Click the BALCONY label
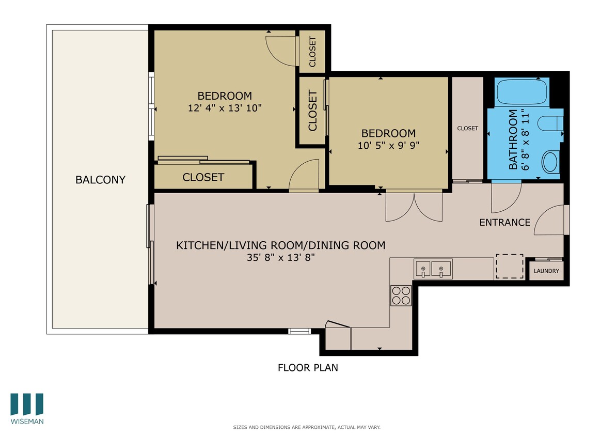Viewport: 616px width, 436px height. (100, 180)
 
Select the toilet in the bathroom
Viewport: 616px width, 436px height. (548, 124)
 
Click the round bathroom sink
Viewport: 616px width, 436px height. (550, 162)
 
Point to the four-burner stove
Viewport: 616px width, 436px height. (401, 295)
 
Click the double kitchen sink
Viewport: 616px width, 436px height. (433, 269)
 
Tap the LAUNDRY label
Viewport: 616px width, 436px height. (546, 271)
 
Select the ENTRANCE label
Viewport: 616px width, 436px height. (504, 223)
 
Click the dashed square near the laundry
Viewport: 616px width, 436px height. (510, 267)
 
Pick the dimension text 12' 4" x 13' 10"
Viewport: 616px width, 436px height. (225, 108)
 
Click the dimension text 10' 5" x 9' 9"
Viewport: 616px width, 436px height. (388, 145)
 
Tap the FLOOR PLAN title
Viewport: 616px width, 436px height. (308, 368)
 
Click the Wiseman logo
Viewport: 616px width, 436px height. (27, 408)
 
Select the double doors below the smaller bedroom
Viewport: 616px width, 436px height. (414, 206)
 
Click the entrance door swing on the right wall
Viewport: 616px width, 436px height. (551, 220)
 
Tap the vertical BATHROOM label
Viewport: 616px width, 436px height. (513, 139)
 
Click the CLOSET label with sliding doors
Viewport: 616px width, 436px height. (203, 177)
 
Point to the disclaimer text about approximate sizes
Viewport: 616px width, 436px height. (307, 427)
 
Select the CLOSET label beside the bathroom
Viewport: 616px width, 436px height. (467, 128)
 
